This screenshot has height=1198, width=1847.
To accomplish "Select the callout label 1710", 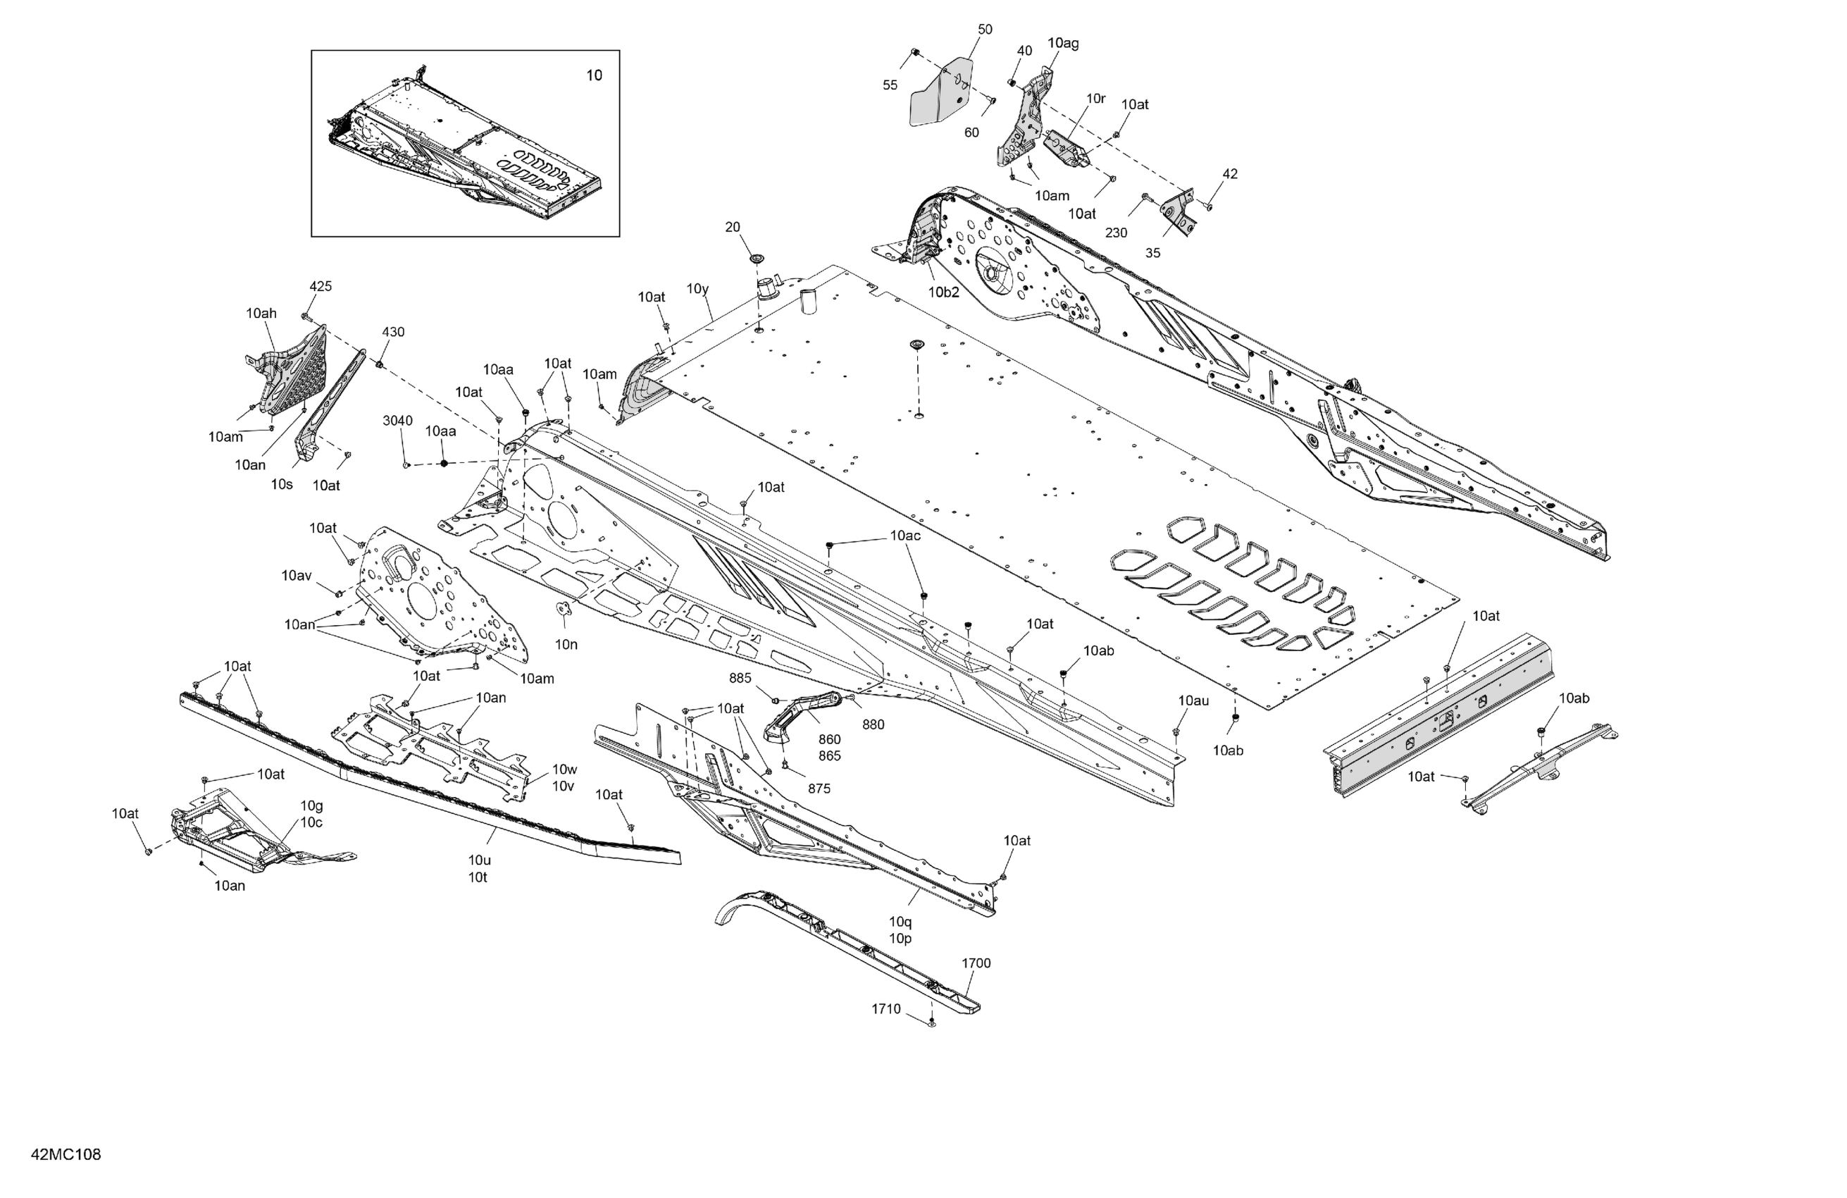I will (x=885, y=1008).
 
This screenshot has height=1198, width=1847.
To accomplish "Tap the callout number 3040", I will (x=397, y=421).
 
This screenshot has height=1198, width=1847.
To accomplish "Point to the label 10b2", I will (x=944, y=292).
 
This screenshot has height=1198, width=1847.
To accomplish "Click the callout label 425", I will (x=321, y=287).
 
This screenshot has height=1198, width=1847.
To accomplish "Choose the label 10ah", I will (x=261, y=314).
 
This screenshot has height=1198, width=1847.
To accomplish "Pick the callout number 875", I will (x=819, y=789).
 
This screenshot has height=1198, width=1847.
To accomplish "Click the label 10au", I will (x=1193, y=701).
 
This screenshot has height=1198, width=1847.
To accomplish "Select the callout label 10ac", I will (x=905, y=536).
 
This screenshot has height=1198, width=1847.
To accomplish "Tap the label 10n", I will (x=566, y=644).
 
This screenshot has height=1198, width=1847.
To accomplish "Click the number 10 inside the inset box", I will (x=594, y=75).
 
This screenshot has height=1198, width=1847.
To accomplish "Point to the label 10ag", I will (x=1062, y=44).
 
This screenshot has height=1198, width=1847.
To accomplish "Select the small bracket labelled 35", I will (x=1181, y=214).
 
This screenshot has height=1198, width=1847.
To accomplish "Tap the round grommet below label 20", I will (x=756, y=257).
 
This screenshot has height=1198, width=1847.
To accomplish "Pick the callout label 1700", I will (x=976, y=963).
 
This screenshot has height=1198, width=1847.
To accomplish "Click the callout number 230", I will (x=1116, y=233).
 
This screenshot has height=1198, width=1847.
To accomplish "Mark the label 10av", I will (x=297, y=576).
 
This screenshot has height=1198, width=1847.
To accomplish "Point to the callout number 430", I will (x=392, y=333).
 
